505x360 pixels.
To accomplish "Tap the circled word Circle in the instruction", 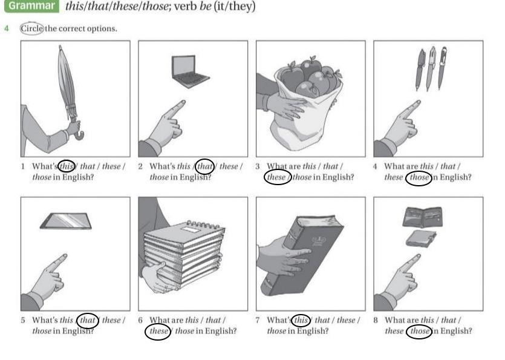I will click(31, 28).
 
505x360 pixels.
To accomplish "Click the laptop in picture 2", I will click(189, 69).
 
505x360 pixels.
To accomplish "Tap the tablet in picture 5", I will click(66, 221).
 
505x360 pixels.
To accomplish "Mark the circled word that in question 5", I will click(88, 320).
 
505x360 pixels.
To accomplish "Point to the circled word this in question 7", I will click(301, 320).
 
